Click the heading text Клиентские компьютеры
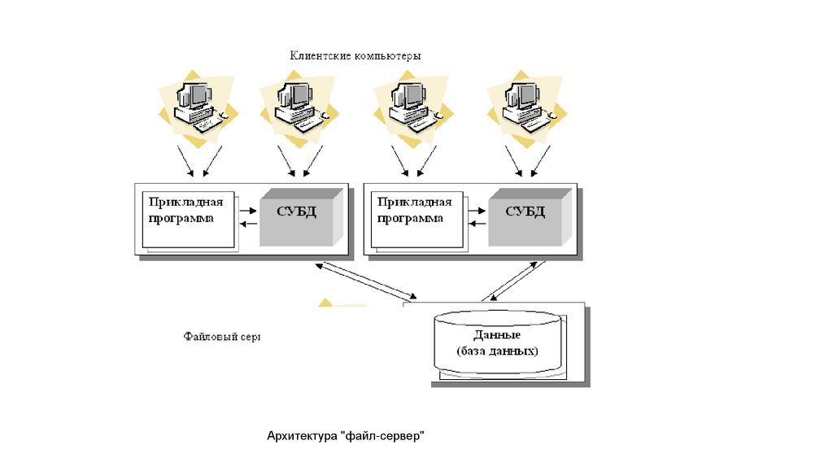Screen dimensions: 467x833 pyautogui.click(x=356, y=56)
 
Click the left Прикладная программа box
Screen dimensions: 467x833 pyautogui.click(x=187, y=220)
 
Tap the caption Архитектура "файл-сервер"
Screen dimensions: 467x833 pyautogui.click(x=346, y=437)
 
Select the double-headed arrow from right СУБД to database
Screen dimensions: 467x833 pyautogui.click(x=514, y=281)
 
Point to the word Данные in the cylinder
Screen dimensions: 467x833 pyautogui.click(x=497, y=335)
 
